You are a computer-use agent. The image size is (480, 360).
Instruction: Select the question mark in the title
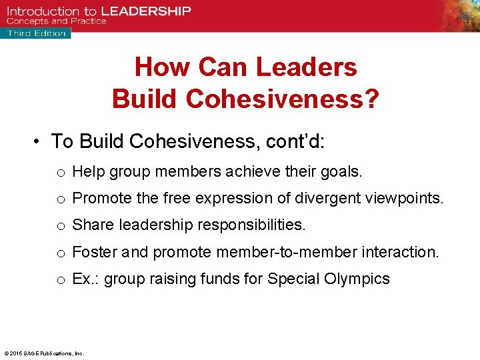click(372, 99)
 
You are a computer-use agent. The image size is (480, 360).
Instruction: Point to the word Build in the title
click(145, 99)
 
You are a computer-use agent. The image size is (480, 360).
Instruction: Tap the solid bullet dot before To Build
click(40, 142)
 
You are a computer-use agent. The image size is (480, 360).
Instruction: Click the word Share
click(93, 225)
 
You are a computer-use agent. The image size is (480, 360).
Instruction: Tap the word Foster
click(95, 252)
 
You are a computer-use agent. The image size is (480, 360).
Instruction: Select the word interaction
click(399, 252)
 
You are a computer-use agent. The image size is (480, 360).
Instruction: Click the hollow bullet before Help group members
click(60, 173)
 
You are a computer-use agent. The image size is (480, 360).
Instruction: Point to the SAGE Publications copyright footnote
click(43, 353)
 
